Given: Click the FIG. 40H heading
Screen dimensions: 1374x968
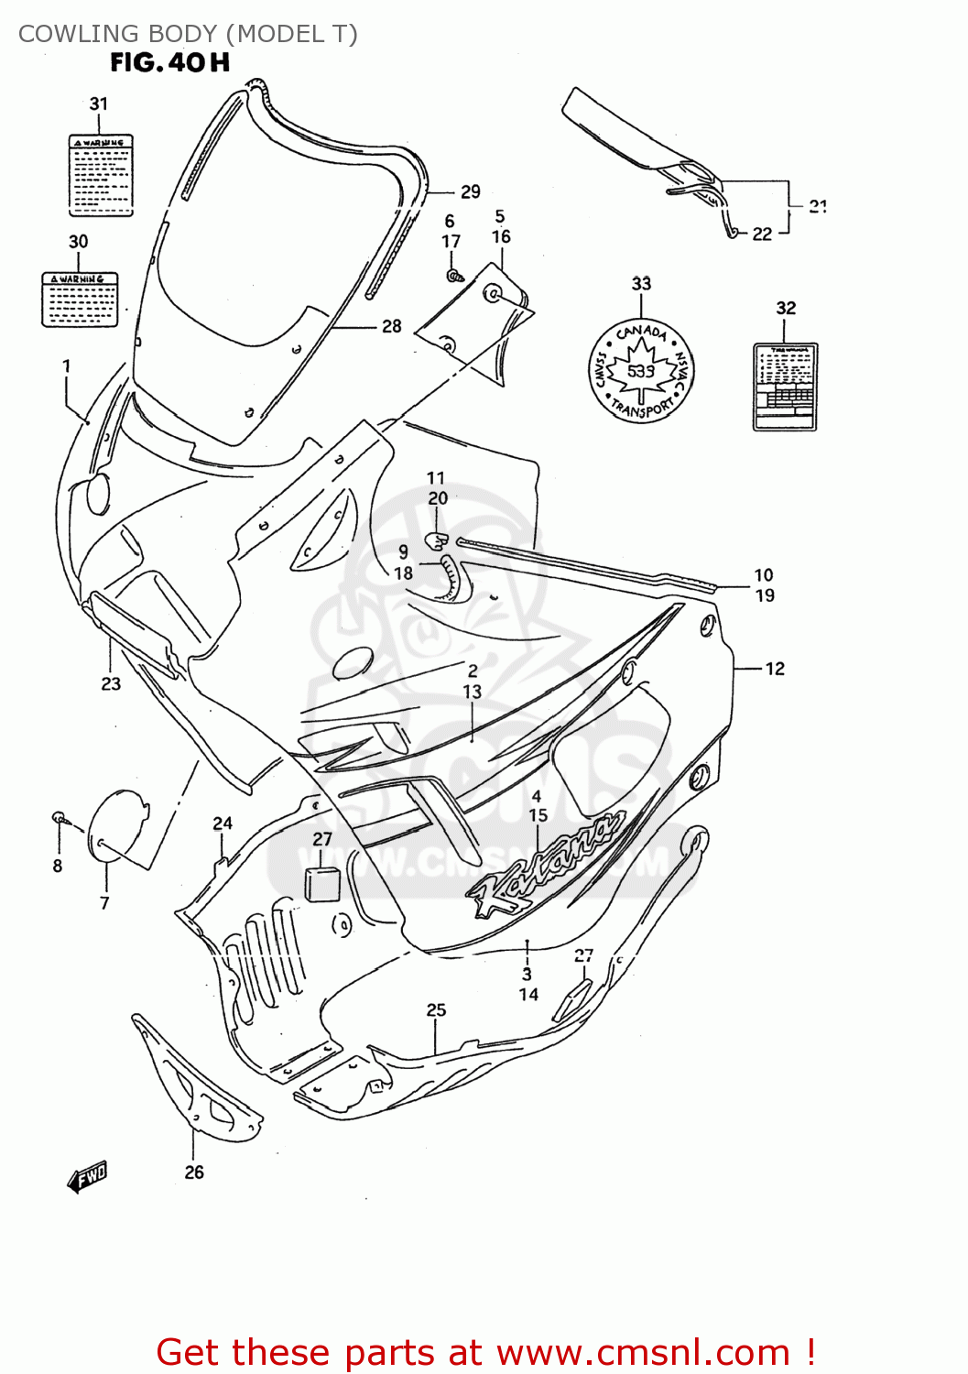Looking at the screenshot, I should pyautogui.click(x=169, y=62).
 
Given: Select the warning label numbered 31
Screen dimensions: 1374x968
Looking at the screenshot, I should pyautogui.click(x=101, y=175).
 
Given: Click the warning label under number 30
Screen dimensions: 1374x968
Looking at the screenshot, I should pyautogui.click(x=80, y=299).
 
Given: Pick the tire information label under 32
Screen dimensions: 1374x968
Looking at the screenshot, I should pyautogui.click(x=785, y=387).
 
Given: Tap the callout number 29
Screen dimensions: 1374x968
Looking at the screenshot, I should pyautogui.click(x=470, y=191).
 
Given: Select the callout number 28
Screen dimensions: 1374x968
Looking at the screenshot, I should pyautogui.click(x=391, y=326).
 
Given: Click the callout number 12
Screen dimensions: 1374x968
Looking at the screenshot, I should pyautogui.click(x=775, y=669).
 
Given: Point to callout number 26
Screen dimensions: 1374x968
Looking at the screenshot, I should pyautogui.click(x=194, y=1172).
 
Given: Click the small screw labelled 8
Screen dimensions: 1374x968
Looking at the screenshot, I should pyautogui.click(x=59, y=816).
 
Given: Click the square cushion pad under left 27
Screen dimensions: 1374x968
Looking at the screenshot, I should pyautogui.click(x=321, y=883).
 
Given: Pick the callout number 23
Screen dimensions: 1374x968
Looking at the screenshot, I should pyautogui.click(x=111, y=683).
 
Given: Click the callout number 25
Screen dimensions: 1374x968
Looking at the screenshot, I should pyautogui.click(x=436, y=1009).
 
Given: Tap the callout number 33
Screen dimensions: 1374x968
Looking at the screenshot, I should pyautogui.click(x=641, y=284).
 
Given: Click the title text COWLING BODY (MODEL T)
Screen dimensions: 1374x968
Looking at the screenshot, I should pyautogui.click(x=188, y=34).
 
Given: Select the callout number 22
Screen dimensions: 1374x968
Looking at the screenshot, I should pyautogui.click(x=762, y=234).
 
